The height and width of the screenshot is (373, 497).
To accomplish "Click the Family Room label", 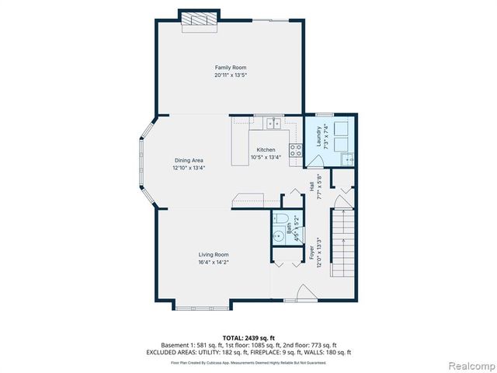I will tap(231, 68).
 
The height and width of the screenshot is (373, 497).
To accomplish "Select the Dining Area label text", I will tap(189, 160).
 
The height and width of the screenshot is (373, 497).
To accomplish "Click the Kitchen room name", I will tap(266, 149).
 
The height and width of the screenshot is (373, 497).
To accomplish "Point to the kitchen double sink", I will tap(273, 123).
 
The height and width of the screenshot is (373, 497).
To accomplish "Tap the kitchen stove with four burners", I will tap(296, 151).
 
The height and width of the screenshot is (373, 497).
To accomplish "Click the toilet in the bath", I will tap(280, 218).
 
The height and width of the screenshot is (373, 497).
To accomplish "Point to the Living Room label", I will tap(214, 254).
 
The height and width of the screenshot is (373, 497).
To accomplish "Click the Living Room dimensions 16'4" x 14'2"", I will tap(214, 262).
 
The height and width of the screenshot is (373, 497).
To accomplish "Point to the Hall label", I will tap(311, 187).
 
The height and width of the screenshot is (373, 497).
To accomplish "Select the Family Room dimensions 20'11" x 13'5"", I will tap(231, 75).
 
